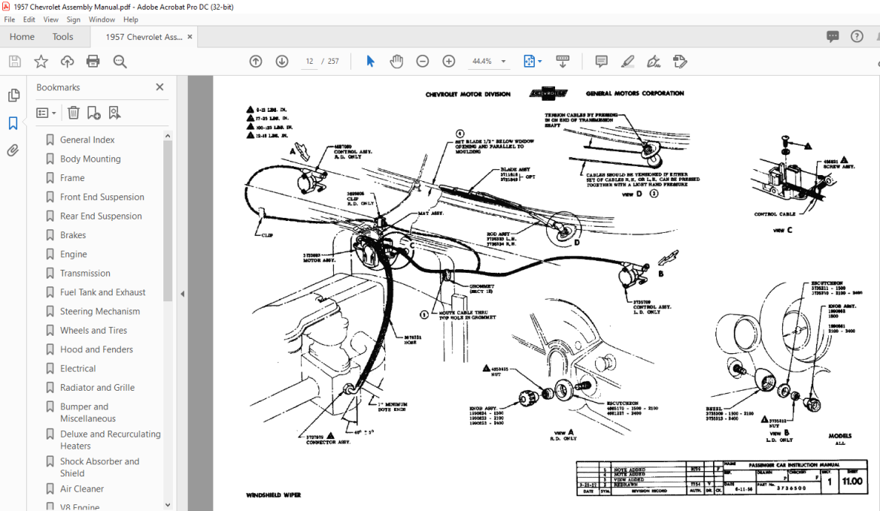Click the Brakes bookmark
point(73,235)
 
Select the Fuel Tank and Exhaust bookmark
point(102,292)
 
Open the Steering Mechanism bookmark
point(99,311)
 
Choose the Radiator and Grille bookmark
point(97,388)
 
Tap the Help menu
point(130,20)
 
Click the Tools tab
point(62,37)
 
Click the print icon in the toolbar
point(93,62)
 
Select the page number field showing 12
point(309,62)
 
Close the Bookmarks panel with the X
point(159,87)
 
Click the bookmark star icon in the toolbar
point(41,62)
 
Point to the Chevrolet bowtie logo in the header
point(548,94)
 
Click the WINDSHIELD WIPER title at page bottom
point(272,495)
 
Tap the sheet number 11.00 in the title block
point(852,482)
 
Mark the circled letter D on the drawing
point(576,243)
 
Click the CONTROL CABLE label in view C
point(775,215)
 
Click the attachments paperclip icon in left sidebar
point(13,151)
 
